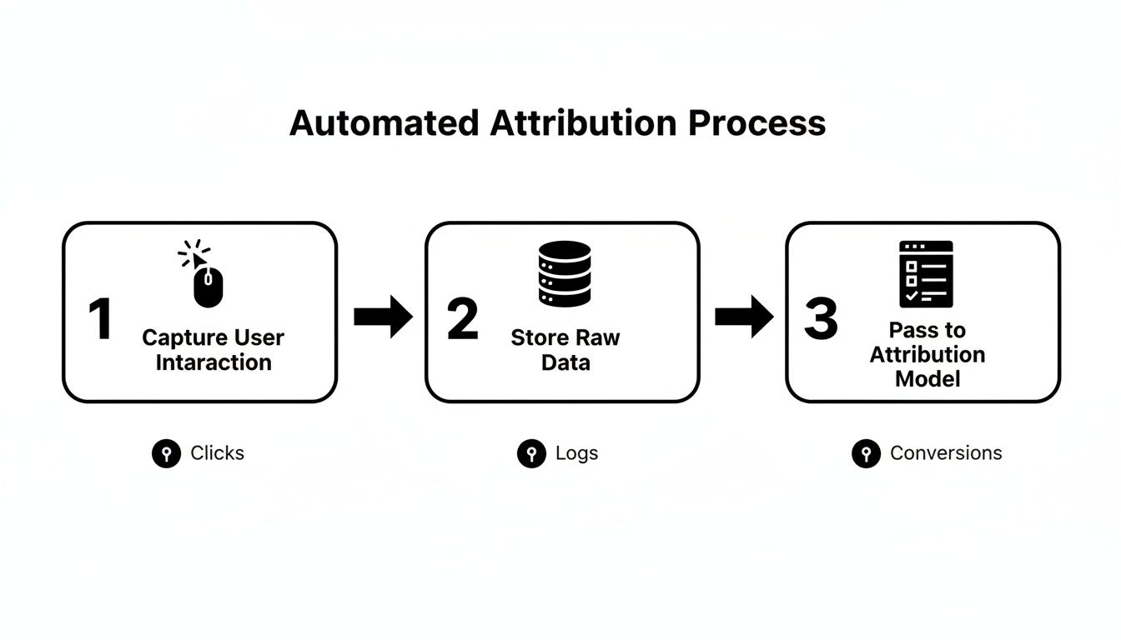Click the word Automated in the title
tap(384, 123)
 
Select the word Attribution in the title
tap(584, 123)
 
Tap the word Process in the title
tap(757, 123)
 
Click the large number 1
tap(100, 320)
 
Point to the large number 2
tap(463, 320)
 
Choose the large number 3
tap(821, 320)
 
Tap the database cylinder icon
tap(565, 274)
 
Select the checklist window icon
tap(926, 274)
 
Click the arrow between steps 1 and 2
tap(383, 317)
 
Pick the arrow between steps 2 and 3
tap(744, 317)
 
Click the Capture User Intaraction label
tap(214, 350)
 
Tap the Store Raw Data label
tap(566, 350)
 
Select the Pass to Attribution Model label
tap(927, 354)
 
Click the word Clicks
tap(217, 453)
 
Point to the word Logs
tap(576, 453)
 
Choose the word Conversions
tap(946, 453)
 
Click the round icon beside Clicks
tap(166, 454)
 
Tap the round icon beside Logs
tap(531, 454)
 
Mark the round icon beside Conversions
tap(866, 454)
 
